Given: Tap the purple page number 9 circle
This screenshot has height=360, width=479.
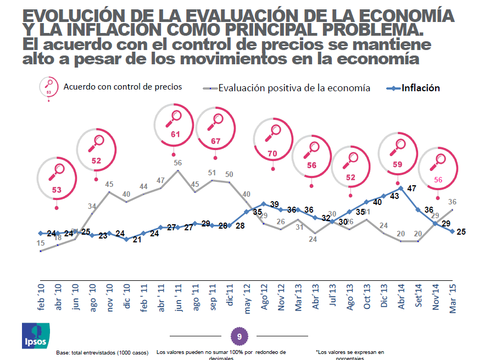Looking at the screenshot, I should click(239, 335).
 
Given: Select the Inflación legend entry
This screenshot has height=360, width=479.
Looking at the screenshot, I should click(415, 87).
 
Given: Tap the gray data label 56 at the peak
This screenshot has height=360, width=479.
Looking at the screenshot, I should click(177, 163).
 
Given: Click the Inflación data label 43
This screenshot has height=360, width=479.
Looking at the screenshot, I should click(394, 196).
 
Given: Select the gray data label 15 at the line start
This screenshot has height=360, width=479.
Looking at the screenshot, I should click(41, 243).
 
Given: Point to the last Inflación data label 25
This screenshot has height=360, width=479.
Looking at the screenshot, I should click(461, 231).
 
